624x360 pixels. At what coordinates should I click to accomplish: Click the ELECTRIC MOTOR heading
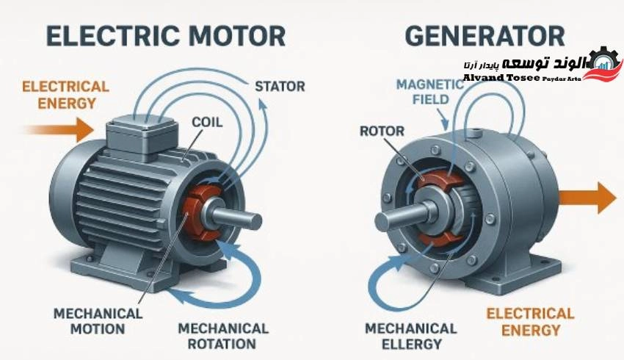pyautogui.click(x=166, y=36)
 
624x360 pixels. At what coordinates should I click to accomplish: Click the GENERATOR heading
pyautogui.click(x=485, y=36)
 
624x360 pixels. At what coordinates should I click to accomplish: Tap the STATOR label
pyautogui.click(x=280, y=87)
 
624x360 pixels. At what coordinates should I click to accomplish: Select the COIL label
pyautogui.click(x=207, y=122)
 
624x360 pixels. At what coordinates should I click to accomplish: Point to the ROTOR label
pyautogui.click(x=382, y=131)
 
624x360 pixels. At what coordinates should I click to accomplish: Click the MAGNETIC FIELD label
pyautogui.click(x=430, y=92)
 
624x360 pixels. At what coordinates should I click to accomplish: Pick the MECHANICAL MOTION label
pyautogui.click(x=98, y=321)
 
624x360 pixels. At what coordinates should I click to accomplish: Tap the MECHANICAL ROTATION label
pyautogui.click(x=223, y=336)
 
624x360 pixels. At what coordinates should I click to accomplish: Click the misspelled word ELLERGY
pyautogui.click(x=412, y=344)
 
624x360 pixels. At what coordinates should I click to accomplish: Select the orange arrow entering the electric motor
pyautogui.click(x=59, y=130)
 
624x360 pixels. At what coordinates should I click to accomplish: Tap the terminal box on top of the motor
pyautogui.click(x=142, y=137)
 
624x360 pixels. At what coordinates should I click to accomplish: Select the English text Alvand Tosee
pyautogui.click(x=501, y=78)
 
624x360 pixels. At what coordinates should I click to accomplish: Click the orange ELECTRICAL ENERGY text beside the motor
pyautogui.click(x=65, y=95)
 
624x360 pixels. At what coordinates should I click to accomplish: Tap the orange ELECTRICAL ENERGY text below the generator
pyautogui.click(x=531, y=322)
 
